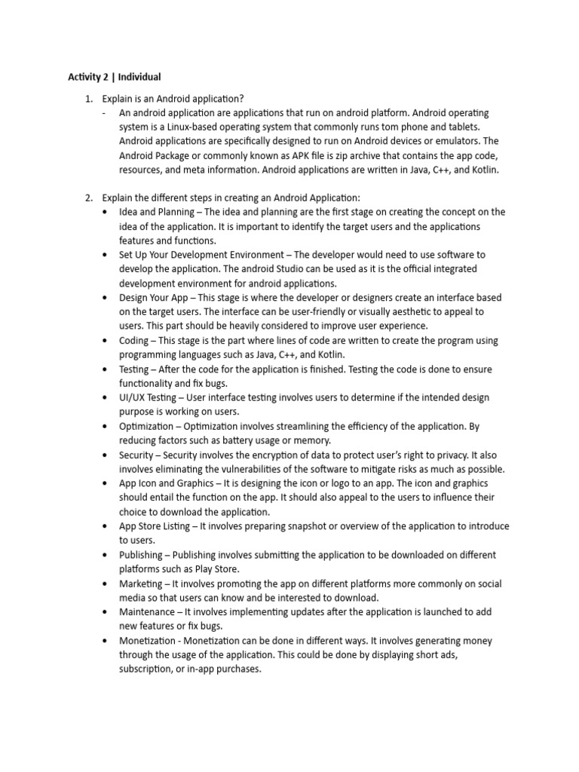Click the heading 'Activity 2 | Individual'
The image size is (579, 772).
click(x=115, y=77)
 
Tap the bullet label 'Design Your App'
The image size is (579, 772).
click(x=155, y=298)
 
